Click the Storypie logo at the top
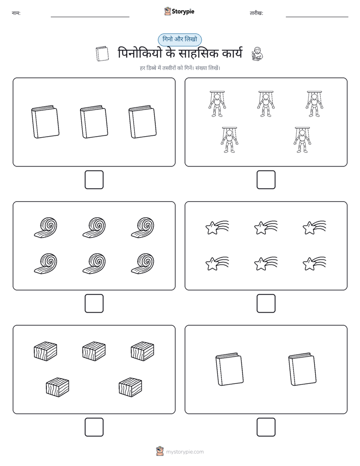coord(179,12)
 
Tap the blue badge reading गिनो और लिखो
coord(179,39)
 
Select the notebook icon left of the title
coord(102,54)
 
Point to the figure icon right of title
coord(257,54)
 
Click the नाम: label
coord(16,13)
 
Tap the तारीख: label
coord(256,13)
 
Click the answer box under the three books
coord(94,180)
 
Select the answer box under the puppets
coord(266,180)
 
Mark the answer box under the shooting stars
coord(266,304)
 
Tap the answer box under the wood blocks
coord(94,427)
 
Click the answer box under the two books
coord(266,427)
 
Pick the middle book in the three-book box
coord(94,122)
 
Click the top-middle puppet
coord(266,104)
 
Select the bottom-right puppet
coord(303,140)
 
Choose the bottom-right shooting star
coord(314,263)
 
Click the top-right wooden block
coord(143,351)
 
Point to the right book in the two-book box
coord(303,369)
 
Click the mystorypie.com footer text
coord(185,452)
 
